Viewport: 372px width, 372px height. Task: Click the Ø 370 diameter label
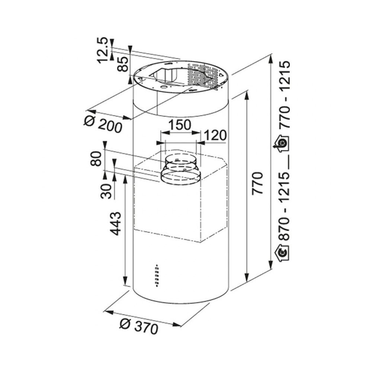coord(139,327)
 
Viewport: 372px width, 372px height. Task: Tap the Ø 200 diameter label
coord(103,124)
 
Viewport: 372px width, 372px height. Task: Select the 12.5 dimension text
coord(103,50)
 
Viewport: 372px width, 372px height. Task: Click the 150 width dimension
coord(179,125)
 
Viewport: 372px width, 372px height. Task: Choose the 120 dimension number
coord(215,135)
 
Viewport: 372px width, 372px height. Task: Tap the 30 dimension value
coord(106,191)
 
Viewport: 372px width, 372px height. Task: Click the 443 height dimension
coord(116,223)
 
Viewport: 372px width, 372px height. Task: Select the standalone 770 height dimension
coord(257,183)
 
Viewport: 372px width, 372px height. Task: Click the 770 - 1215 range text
coord(284,94)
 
